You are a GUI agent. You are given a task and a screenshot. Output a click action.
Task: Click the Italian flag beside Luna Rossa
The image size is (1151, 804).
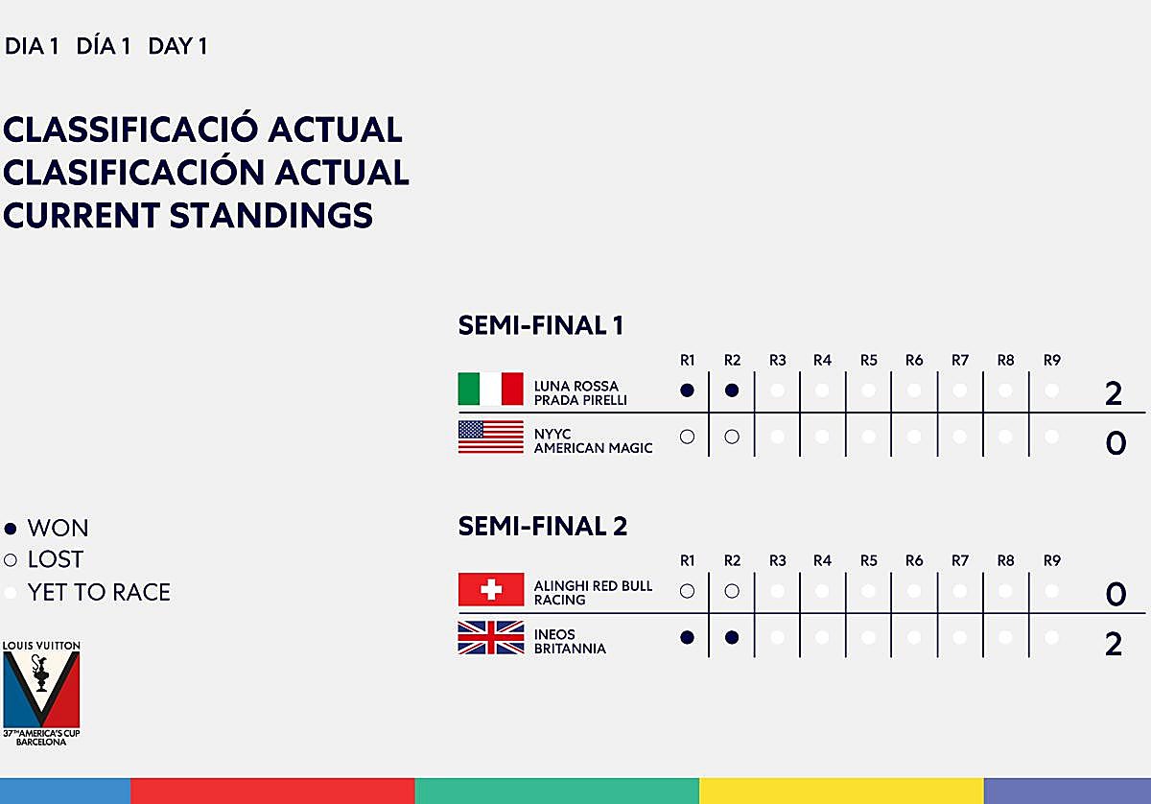coord(490,390)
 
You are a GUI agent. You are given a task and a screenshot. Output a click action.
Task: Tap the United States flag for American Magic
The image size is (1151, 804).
coord(490,437)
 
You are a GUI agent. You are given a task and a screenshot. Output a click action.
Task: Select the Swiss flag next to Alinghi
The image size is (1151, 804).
coord(490,589)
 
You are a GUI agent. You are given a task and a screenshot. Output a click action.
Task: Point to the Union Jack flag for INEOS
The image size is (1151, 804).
coord(490,638)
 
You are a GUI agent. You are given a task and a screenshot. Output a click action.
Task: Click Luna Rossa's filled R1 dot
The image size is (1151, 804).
coord(687,390)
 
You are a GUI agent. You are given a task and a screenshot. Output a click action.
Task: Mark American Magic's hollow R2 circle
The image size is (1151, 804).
coord(732,437)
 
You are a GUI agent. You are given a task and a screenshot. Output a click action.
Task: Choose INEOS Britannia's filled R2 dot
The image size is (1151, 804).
coord(732,637)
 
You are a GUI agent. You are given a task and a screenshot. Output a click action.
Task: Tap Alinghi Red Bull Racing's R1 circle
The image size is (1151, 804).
coord(687,591)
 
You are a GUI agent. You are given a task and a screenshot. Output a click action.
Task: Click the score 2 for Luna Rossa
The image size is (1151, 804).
coord(1114,393)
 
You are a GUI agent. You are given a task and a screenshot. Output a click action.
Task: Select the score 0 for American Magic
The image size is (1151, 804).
coord(1116,443)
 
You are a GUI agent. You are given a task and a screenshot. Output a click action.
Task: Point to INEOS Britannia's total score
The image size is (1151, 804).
coord(1114,644)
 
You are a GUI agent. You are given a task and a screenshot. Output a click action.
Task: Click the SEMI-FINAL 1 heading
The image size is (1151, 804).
coord(541,326)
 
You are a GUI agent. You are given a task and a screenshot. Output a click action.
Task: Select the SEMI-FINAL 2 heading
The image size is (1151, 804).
coord(543,526)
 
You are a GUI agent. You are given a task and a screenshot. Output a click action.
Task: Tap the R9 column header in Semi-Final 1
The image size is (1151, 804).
coord(1052,361)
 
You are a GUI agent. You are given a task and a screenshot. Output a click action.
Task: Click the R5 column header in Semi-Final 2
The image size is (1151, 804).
coord(868,560)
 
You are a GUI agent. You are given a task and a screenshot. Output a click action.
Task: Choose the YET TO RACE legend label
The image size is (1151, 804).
coord(99,592)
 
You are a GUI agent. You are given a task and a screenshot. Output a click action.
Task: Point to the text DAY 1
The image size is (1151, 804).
coord(177,46)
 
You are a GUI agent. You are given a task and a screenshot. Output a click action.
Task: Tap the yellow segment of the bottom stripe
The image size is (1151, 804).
coord(841,791)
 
